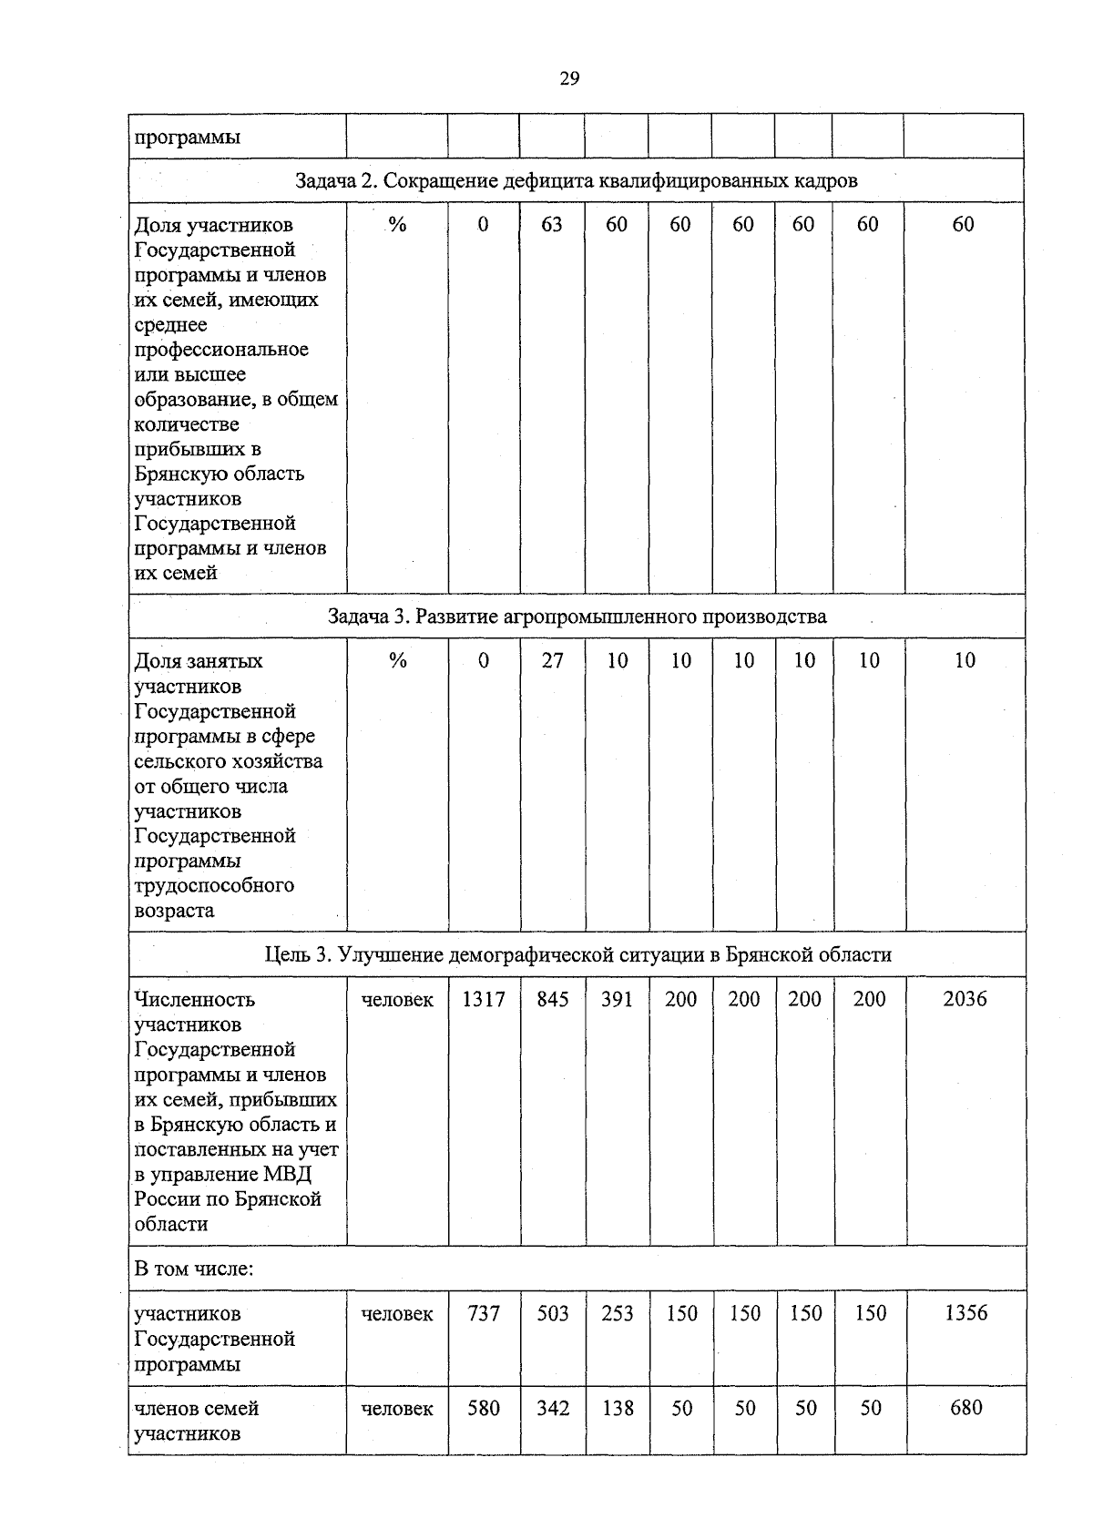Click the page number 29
(568, 78)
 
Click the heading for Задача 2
(577, 180)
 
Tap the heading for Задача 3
(577, 617)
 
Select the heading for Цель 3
(577, 954)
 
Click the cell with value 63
(552, 225)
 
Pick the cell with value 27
(552, 661)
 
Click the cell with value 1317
(484, 999)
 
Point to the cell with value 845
(552, 999)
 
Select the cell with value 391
(617, 999)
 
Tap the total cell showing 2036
(965, 999)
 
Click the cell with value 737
(484, 1313)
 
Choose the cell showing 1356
(965, 1313)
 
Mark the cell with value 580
(484, 1408)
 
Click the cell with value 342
(552, 1408)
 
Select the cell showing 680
(965, 1408)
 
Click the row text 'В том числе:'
(193, 1269)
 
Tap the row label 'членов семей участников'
(196, 1421)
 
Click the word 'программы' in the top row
(188, 138)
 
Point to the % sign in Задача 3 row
(397, 661)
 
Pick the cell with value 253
(617, 1313)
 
